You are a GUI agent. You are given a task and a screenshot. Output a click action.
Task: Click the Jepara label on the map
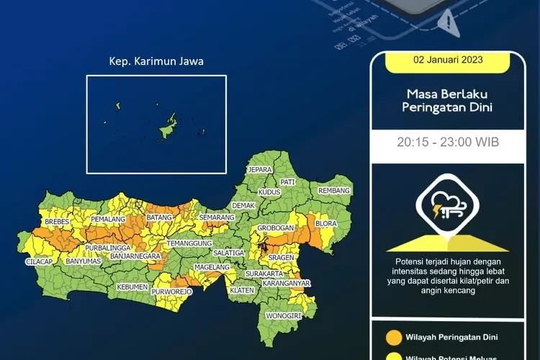tap(260, 170)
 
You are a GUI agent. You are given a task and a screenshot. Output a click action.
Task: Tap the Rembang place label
tap(335, 191)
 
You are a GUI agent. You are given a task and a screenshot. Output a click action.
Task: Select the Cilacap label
tap(38, 261)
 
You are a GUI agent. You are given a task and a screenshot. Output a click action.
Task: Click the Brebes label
tap(57, 222)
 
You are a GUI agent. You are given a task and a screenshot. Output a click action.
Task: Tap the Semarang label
tap(217, 217)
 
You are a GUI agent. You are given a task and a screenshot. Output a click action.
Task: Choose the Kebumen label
tap(132, 287)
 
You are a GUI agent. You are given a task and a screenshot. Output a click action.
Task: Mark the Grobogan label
tap(276, 228)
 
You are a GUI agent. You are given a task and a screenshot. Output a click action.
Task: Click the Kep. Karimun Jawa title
tap(156, 62)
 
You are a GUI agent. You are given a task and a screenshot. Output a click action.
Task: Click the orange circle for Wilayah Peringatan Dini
tap(393, 336)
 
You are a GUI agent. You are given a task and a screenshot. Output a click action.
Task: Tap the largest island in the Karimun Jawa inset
tap(168, 128)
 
